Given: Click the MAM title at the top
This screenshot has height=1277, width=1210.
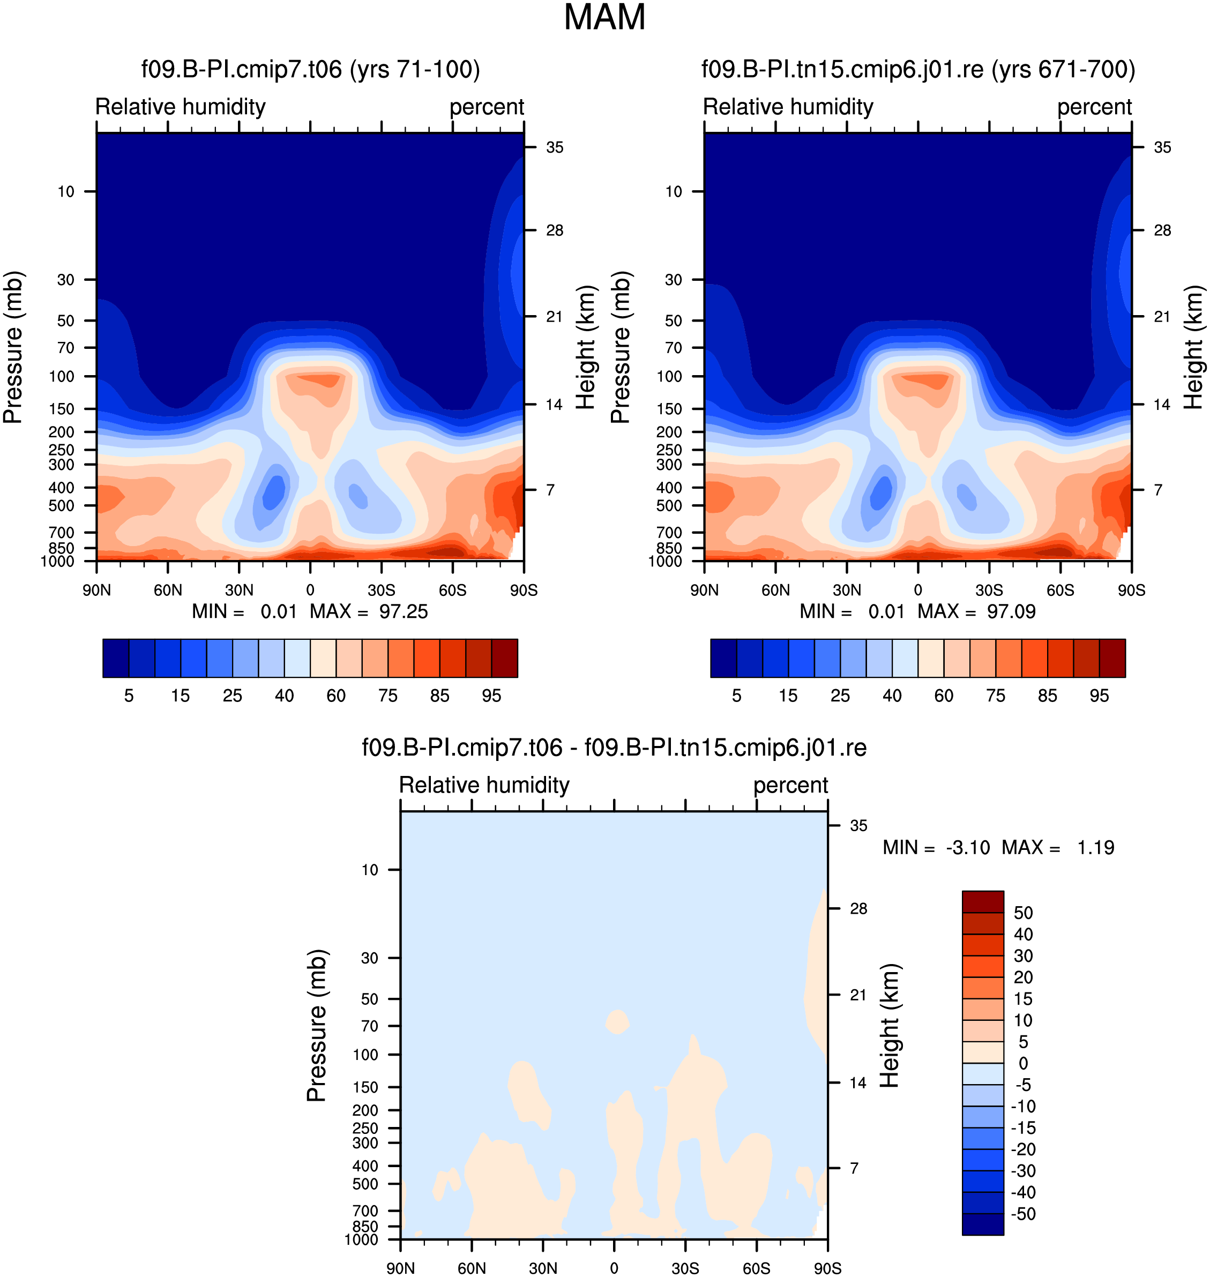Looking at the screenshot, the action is [604, 17].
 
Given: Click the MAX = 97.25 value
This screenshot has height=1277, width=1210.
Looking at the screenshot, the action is [369, 611].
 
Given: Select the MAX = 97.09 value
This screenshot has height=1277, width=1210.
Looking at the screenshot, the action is [976, 611].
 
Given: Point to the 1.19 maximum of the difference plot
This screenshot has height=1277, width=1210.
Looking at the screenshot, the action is [1095, 847].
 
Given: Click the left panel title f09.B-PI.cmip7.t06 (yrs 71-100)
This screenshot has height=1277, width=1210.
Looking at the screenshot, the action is [311, 69].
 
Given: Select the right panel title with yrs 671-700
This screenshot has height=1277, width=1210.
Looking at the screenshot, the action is [918, 69].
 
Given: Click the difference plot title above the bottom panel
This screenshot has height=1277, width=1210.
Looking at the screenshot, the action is [614, 748].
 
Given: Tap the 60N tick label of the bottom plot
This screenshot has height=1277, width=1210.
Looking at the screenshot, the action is [472, 1268].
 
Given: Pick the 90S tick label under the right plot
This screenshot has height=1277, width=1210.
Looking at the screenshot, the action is [1131, 590].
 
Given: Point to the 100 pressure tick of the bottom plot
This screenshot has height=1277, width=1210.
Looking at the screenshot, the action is [365, 1055].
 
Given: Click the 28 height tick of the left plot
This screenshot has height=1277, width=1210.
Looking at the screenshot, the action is [555, 230].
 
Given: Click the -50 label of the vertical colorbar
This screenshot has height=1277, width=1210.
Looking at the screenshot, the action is [1023, 1214].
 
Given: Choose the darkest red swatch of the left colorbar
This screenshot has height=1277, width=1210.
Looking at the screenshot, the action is [504, 659].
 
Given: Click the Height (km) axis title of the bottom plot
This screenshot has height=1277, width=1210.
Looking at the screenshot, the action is [890, 1026].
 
